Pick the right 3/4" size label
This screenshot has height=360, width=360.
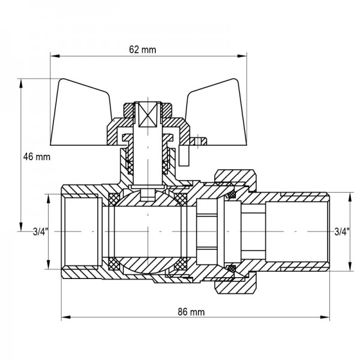pos(340,230)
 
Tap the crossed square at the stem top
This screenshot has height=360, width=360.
pos(146,114)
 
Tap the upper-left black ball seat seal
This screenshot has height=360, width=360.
pos(111,198)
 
